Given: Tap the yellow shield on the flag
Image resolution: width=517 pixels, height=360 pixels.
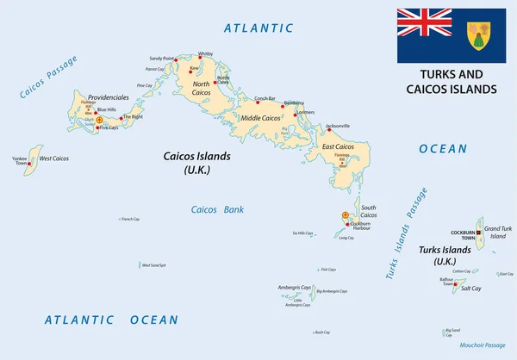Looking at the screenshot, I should tap(478, 35).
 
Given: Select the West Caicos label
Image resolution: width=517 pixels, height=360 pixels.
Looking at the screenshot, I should tap(54, 158).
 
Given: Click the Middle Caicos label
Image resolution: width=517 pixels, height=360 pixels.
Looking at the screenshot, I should tap(261, 117).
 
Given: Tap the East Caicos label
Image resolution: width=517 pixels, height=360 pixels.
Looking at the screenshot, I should tap(339, 146).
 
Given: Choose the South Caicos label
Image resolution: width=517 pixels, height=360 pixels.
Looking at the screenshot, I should tap(368, 211).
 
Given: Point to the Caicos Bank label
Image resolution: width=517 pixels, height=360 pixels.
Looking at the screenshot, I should tap(217, 209).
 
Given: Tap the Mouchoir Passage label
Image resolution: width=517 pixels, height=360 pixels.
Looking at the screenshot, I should tap(483, 344).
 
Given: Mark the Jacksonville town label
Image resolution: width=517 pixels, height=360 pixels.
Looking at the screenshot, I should tap(338, 127).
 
